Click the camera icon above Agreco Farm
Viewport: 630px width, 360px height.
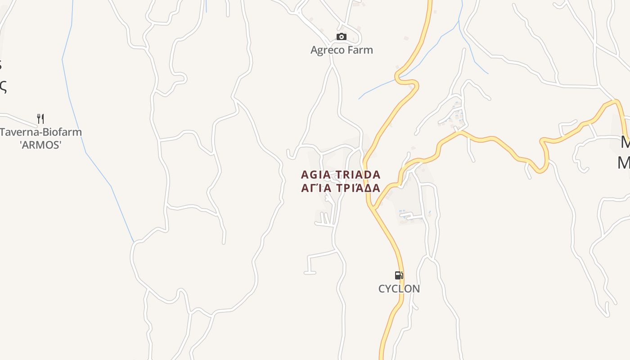point(342,36)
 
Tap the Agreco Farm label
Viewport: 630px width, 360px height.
point(342,49)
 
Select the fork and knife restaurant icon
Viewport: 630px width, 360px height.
point(40,119)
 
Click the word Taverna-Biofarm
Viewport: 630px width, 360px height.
point(41,132)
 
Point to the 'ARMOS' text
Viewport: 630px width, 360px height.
point(40,145)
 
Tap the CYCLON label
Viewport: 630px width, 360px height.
point(399,288)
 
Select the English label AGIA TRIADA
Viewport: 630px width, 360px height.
point(341,175)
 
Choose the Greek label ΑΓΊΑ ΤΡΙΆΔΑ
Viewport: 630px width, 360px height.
point(341,188)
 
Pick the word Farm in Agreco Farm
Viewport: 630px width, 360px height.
point(360,49)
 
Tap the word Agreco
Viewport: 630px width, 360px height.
point(328,49)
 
